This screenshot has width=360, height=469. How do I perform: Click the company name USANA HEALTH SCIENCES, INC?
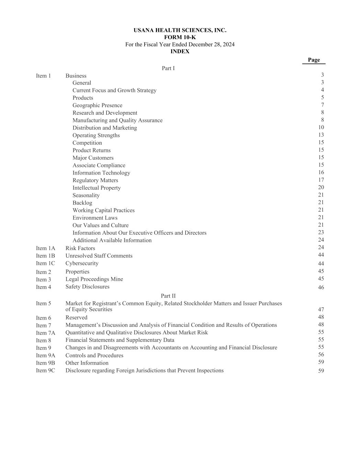180,30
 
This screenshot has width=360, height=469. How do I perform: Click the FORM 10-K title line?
180,37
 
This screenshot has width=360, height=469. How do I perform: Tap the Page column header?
314,60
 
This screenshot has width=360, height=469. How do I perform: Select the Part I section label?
168,68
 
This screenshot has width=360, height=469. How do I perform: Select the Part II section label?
168,296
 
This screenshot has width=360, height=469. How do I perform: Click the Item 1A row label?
45,248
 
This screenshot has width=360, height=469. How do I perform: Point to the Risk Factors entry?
80,248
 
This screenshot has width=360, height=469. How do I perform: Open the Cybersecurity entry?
82,264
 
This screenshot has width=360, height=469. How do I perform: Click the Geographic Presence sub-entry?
97,105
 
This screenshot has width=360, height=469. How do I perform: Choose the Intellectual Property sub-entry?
97,188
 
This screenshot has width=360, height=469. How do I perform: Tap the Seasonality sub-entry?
86,196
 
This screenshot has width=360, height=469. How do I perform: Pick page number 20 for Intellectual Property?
321,188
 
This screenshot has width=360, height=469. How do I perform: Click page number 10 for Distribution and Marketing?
321,127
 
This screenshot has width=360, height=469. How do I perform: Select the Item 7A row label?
45,333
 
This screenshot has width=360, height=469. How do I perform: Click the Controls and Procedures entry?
94,356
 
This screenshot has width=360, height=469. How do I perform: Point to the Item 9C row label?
45,370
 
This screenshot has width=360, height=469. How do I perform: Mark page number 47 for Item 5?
321,310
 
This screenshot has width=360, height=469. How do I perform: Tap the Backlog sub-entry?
82,203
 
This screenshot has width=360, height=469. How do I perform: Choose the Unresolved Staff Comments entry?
99,256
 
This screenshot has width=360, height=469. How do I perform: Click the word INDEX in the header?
180,52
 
